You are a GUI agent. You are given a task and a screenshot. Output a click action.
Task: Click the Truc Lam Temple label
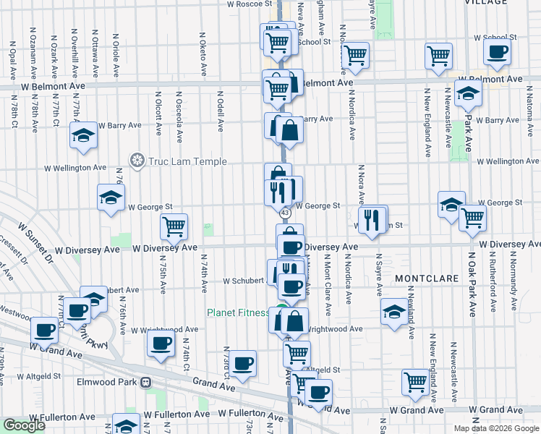coord(188,161)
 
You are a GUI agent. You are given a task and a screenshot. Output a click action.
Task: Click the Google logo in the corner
coord(24,425)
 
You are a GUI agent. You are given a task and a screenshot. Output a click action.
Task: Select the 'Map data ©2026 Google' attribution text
coord(496,428)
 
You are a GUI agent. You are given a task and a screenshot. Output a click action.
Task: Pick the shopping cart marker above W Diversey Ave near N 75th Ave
coord(174,226)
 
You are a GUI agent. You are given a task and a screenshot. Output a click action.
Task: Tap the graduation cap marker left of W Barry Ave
coord(84,135)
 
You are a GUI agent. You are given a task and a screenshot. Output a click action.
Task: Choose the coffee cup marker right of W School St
coord(497,53)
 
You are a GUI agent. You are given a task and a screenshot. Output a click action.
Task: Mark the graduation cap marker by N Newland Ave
coord(394,311)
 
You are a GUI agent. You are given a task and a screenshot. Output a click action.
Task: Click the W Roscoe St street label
coord(248,4)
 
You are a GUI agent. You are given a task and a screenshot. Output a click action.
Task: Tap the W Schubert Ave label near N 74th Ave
coord(244,281)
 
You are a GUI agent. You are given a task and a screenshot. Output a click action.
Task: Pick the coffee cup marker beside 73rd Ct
coord(243,363)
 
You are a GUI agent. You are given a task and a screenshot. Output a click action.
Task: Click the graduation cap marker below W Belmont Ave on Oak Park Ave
coord(469,94)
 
